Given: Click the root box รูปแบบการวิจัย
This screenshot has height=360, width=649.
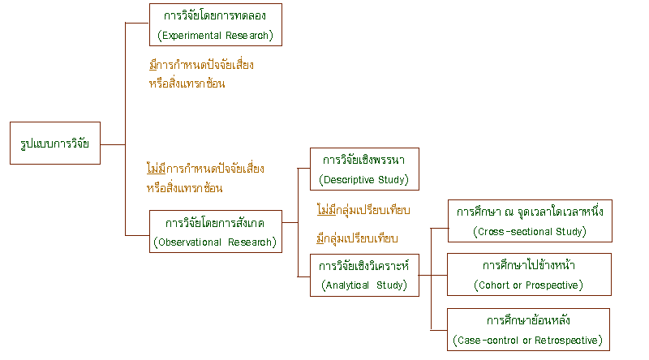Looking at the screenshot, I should point(54,144).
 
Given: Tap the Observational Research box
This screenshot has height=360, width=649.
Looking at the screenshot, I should point(215,232).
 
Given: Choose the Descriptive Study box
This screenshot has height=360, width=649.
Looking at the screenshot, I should point(364,169).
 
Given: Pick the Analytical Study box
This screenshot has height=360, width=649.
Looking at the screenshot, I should point(364,274).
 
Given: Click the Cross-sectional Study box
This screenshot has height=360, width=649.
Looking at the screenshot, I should point(530,221).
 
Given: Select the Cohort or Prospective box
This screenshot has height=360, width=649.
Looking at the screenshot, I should point(530,274).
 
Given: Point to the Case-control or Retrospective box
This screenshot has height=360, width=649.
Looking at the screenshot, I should point(530,329).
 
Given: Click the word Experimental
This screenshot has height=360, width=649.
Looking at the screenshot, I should point(189,35).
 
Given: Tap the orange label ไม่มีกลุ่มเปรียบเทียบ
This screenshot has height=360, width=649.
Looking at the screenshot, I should point(363,211).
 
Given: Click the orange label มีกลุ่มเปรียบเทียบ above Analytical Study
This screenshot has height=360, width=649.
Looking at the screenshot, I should point(357,239).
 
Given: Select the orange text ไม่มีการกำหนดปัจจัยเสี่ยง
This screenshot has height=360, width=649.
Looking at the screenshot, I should point(205,169).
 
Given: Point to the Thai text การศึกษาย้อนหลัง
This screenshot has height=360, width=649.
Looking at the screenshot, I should point(530,319).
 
